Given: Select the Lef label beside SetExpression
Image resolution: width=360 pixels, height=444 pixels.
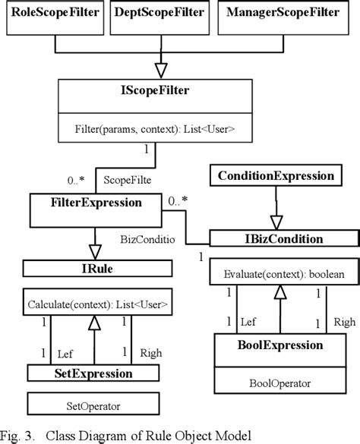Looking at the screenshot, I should pyautogui.click(x=65, y=353).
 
